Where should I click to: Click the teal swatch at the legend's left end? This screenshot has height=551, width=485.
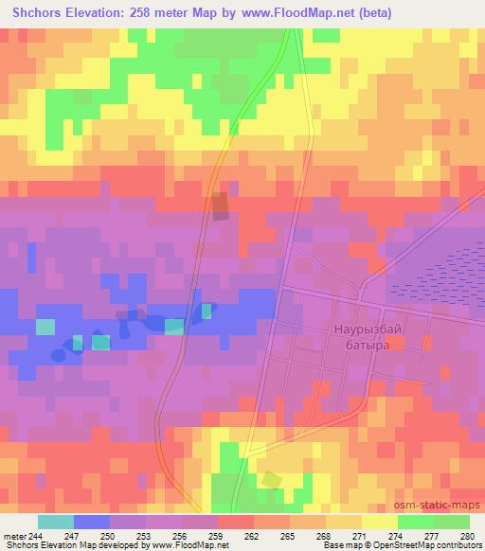55,523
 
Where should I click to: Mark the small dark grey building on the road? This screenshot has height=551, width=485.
220,206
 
